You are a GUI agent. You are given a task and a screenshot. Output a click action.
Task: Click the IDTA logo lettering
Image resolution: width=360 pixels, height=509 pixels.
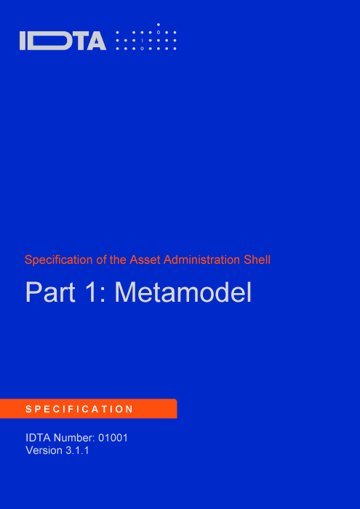(63, 41)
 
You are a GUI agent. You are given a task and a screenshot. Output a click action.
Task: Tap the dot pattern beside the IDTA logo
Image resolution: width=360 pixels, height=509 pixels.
(146, 37)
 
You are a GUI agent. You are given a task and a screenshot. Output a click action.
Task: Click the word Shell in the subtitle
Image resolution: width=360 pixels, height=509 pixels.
(257, 260)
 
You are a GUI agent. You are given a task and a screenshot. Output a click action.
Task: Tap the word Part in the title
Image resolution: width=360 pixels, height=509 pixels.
(50, 292)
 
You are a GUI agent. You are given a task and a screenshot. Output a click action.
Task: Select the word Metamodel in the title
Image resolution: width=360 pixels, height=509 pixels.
(183, 292)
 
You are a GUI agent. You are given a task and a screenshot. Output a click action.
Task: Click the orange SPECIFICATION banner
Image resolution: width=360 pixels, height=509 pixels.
(88, 409)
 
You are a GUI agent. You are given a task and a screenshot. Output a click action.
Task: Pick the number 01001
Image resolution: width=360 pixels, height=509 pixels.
(113, 438)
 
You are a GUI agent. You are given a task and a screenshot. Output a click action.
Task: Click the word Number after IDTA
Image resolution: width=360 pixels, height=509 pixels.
(74, 438)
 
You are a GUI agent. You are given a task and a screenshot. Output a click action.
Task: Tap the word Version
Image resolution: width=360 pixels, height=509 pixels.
(44, 451)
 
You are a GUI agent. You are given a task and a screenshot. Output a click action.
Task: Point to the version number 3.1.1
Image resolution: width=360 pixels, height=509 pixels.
(77, 451)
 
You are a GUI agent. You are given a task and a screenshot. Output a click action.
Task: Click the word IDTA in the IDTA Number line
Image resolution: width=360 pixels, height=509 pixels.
(38, 438)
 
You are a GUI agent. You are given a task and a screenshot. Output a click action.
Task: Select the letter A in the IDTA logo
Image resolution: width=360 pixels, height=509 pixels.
(96, 41)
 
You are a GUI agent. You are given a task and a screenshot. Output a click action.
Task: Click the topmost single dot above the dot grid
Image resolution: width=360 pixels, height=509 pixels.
(159, 25)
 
